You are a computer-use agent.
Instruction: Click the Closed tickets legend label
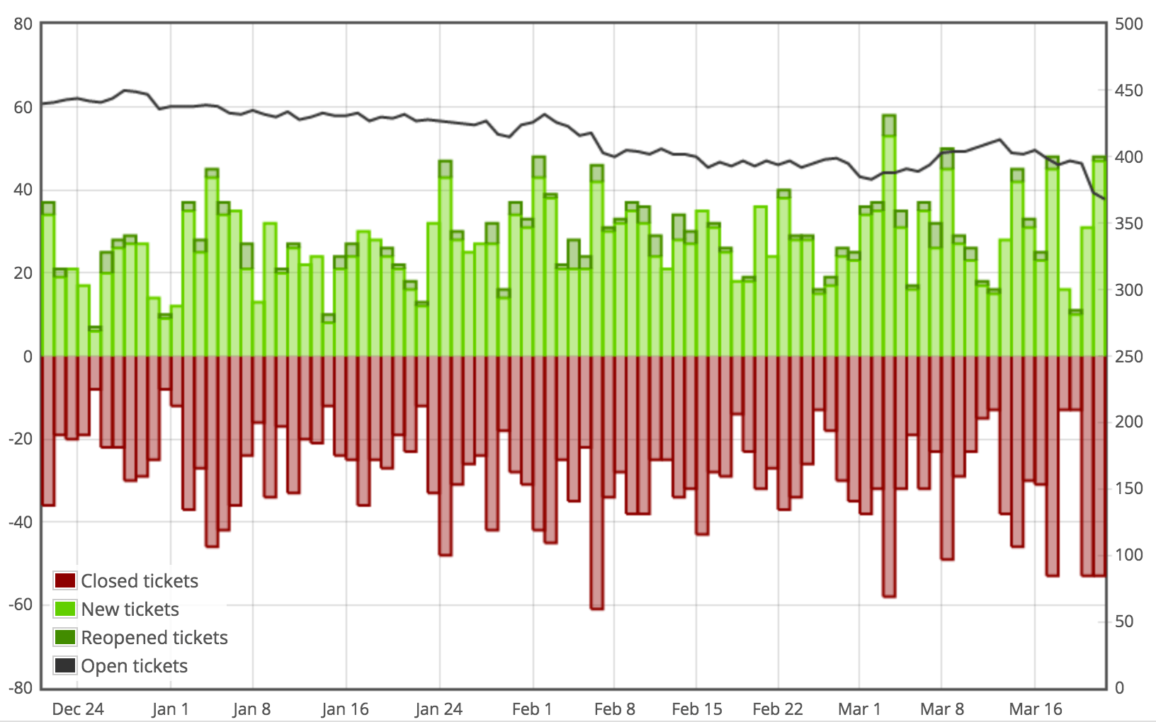(x=139, y=581)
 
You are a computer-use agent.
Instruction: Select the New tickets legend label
(x=130, y=609)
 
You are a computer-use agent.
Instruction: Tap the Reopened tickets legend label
(x=154, y=638)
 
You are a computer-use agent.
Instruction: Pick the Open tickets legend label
(x=134, y=666)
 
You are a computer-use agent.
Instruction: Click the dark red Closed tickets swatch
(x=65, y=581)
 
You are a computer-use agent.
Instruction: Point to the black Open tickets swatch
(x=65, y=666)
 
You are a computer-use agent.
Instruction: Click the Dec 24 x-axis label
(x=78, y=709)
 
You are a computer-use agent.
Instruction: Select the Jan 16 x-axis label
(x=345, y=709)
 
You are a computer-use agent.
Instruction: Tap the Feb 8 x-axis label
(x=614, y=709)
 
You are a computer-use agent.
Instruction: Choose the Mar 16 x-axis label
(x=1035, y=709)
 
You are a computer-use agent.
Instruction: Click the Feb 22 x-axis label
(x=777, y=709)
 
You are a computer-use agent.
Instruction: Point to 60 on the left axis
(x=23, y=108)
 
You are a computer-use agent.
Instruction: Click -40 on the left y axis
(x=21, y=522)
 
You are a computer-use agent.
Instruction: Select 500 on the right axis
(x=1128, y=24)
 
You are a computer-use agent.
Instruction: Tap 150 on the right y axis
(x=1128, y=488)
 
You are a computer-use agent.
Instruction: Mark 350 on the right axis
(x=1128, y=224)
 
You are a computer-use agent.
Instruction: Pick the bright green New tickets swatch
(x=65, y=609)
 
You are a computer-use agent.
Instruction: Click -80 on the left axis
(x=21, y=687)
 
